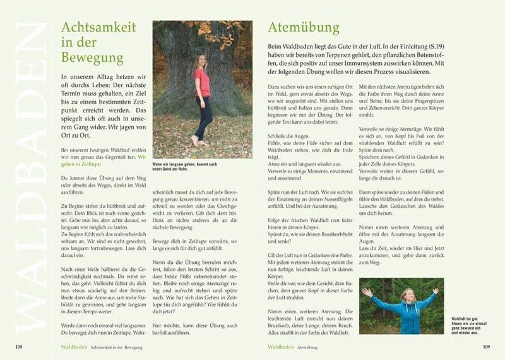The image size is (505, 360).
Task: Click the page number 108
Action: tap(19, 347)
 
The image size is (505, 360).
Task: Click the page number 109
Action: tap(486, 347)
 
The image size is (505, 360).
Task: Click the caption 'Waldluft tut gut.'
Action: tap(465, 321)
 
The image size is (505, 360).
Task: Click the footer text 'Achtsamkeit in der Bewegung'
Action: tap(116, 347)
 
